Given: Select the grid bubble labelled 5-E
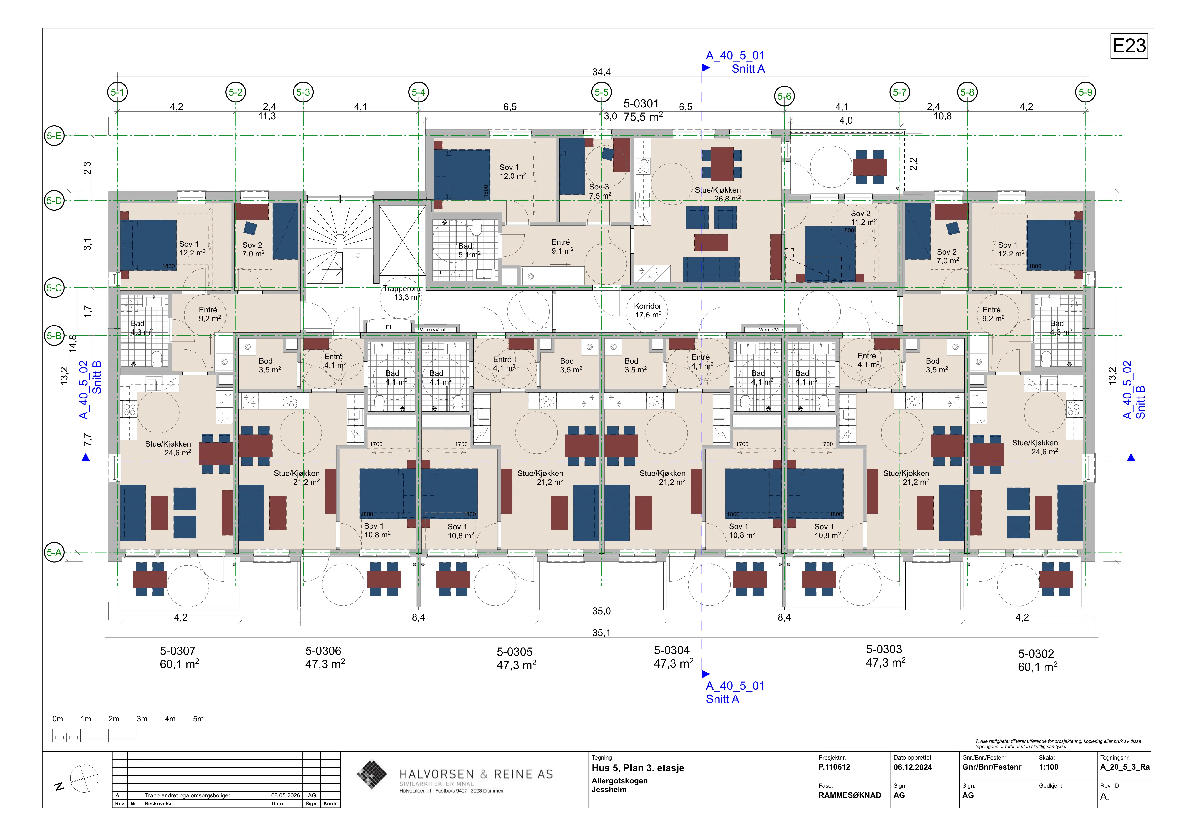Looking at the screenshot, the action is [x=54, y=136].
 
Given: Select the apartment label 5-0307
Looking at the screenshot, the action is [x=178, y=651].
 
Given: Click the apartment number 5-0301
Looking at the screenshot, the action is [x=641, y=103].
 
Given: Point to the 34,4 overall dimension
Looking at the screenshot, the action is [x=601, y=72].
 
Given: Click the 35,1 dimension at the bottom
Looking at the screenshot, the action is [x=601, y=633].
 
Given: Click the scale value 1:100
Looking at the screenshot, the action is [x=1049, y=767].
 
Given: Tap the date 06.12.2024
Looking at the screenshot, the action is [x=913, y=767].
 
